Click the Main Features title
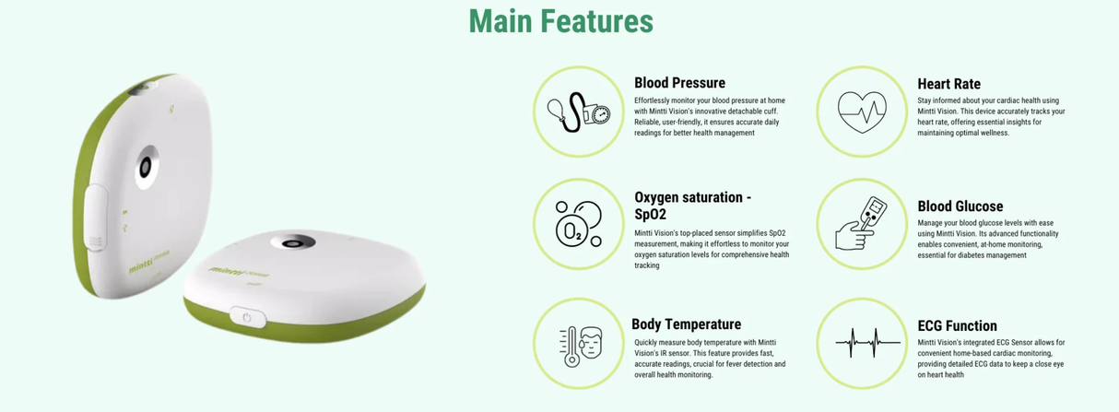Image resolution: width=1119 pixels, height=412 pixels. tap(560, 21)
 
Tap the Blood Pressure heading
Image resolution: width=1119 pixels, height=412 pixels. tap(679, 83)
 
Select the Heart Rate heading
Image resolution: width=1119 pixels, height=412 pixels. tap(948, 84)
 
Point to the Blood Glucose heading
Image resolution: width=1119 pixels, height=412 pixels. tap(960, 206)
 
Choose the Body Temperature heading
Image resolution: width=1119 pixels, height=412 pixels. tap(686, 324)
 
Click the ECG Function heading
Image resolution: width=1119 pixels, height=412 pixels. tap(957, 325)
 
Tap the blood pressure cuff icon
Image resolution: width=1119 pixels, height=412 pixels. tap(578, 112)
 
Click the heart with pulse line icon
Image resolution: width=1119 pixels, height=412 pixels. tap(861, 112)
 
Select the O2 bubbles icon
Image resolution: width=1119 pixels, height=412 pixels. tap(578, 224)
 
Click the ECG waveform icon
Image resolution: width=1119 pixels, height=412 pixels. tap(861, 344)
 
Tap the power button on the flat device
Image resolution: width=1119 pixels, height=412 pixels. tap(246, 317)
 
